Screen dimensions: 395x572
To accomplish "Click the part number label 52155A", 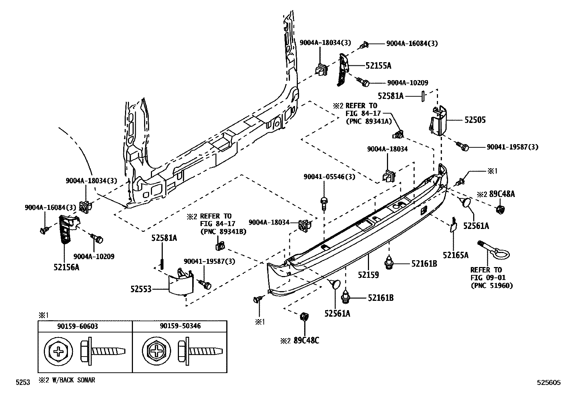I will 378,65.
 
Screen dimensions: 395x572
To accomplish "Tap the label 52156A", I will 66,267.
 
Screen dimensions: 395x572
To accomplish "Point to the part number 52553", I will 140,289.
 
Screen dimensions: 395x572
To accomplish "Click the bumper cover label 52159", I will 368,275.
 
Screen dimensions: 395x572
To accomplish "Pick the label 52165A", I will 456,255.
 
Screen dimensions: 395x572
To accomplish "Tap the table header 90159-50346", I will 180,326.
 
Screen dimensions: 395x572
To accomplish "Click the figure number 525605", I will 549,383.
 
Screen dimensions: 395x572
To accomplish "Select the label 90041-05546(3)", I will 329,177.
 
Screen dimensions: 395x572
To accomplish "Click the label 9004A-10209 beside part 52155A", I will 407,83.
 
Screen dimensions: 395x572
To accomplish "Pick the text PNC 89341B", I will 223,232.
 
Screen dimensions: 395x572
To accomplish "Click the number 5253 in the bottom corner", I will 23,383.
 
